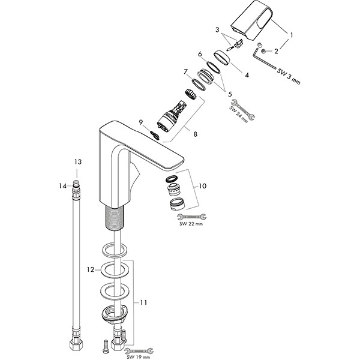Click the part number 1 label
click(x=292, y=36)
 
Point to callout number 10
click(x=202, y=187)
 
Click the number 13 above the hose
click(x=76, y=163)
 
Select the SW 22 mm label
click(x=190, y=224)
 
